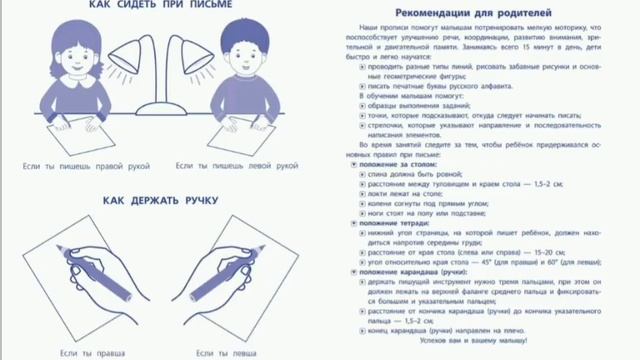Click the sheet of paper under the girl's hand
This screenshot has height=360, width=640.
tap(70, 130)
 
